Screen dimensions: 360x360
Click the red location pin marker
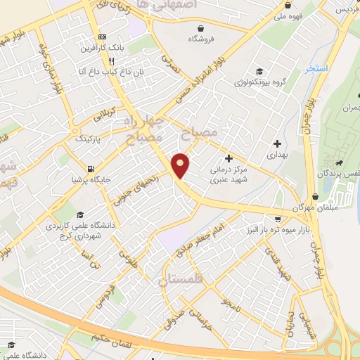click(x=181, y=166)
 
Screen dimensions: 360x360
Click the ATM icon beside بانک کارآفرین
click(x=103, y=37)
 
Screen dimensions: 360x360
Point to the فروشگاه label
click(x=202, y=40)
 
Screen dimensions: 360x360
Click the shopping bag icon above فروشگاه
click(x=202, y=29)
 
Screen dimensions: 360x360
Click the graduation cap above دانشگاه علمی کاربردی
click(x=79, y=215)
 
